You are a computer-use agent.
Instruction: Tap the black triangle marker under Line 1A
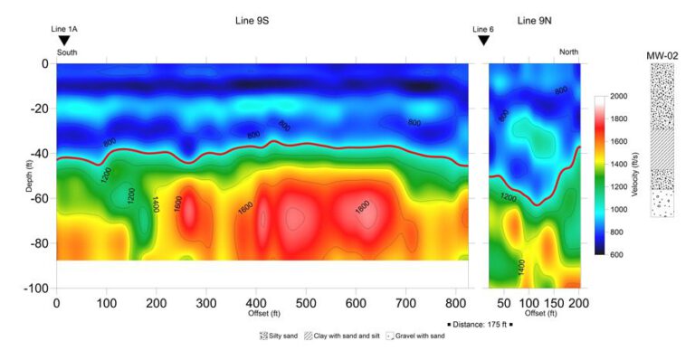[x=63, y=41]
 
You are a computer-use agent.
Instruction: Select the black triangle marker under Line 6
[x=483, y=41]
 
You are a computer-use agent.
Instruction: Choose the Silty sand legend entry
[x=280, y=336]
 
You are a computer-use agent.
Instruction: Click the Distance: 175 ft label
[x=481, y=323]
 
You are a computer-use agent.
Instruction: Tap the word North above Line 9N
[x=568, y=52]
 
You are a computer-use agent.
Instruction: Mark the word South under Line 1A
[x=67, y=52]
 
